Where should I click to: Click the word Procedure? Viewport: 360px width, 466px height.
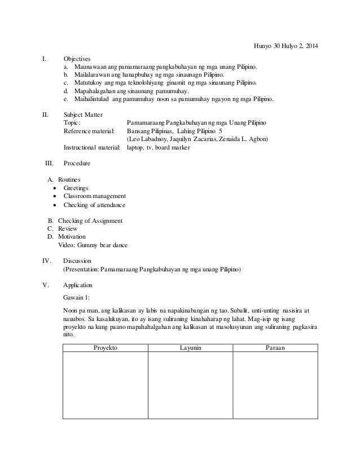coord(77,163)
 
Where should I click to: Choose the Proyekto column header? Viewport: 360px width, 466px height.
coord(105,348)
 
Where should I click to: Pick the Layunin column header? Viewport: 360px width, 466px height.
coord(190,348)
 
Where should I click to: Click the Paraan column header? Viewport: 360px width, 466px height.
coord(275,348)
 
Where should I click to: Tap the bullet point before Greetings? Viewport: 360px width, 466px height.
coord(54,188)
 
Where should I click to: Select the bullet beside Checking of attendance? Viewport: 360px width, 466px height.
coord(54,205)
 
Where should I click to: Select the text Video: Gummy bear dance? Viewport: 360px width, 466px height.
coord(93,245)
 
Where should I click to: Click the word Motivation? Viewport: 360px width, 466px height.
coord(73,237)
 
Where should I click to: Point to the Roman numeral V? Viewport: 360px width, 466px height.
coord(46,285)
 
